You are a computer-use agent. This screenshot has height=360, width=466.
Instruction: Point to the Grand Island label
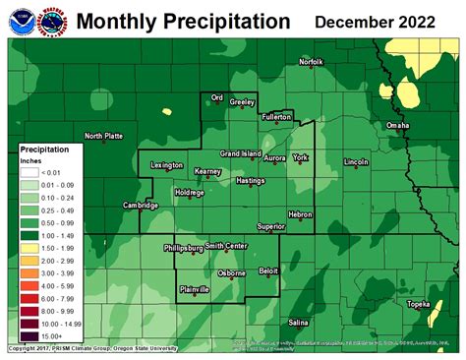(x=239, y=153)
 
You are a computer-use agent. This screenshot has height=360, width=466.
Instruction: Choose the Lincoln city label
(x=356, y=160)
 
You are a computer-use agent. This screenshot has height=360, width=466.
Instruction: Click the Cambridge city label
(x=140, y=206)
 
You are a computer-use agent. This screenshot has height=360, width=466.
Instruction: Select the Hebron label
(x=299, y=214)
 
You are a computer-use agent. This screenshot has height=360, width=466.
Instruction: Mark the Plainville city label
(x=200, y=287)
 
